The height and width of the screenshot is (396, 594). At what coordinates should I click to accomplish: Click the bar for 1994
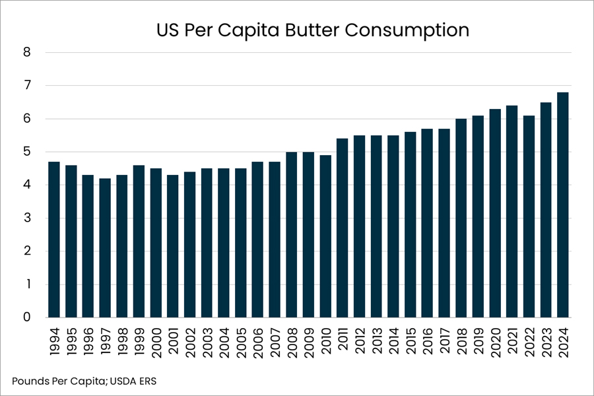(54, 240)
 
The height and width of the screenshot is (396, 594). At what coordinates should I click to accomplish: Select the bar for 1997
(105, 248)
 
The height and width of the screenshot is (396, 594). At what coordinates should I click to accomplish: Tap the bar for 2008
(292, 234)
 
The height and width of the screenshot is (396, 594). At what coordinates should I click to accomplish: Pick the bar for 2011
(343, 228)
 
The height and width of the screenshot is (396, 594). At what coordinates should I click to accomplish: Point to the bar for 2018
(461, 218)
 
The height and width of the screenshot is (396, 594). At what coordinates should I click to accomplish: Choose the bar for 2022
(529, 216)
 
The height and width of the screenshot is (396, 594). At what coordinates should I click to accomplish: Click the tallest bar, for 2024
(563, 205)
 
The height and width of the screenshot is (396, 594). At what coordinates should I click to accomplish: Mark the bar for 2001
(173, 246)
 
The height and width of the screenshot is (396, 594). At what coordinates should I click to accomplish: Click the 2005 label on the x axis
(240, 343)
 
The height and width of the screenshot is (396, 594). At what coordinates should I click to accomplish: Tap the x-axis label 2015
(411, 341)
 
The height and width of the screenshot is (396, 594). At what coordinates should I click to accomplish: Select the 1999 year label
(139, 342)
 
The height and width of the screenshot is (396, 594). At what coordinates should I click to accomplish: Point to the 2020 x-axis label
(495, 343)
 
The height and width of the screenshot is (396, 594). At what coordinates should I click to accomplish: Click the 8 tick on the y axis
(26, 52)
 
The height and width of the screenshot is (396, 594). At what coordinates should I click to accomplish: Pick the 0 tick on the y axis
(26, 317)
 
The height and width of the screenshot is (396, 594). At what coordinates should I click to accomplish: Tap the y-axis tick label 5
(26, 152)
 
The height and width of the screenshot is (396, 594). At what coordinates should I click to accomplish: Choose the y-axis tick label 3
(26, 218)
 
